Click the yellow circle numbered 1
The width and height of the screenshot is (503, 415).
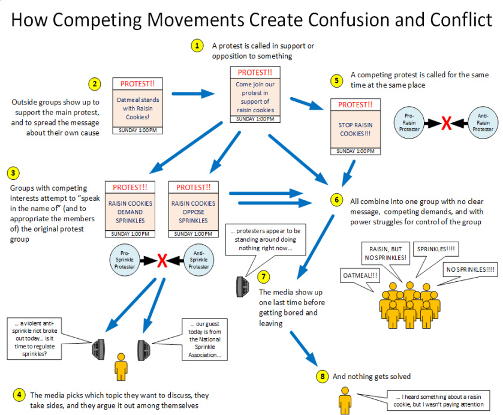196,46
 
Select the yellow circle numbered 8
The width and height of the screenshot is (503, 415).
323,376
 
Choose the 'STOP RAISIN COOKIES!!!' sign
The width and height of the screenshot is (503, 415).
351,127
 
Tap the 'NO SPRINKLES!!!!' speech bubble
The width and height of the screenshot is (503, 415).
470,270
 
